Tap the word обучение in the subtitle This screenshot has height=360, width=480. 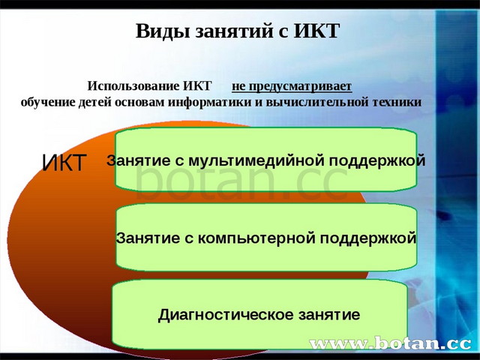point(47,101)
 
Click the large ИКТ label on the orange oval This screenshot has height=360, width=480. point(64,163)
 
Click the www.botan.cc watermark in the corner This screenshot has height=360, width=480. point(390,344)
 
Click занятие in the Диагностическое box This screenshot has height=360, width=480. point(326,315)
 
